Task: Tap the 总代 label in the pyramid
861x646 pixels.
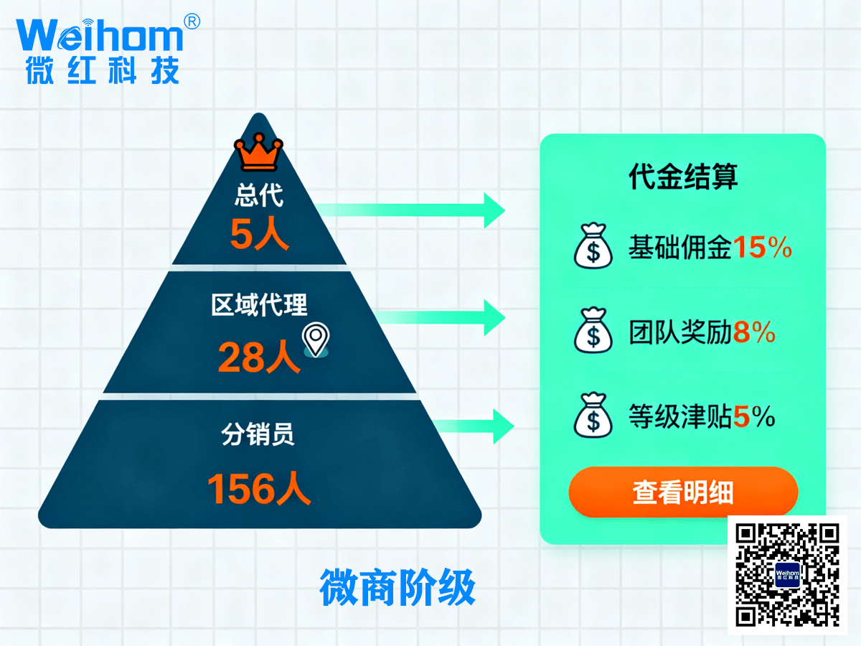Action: [259, 196]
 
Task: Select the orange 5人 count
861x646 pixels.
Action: [259, 234]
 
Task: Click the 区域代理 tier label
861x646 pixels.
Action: [259, 304]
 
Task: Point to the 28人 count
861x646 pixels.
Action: [258, 357]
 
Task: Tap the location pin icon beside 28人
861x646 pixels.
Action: [316, 339]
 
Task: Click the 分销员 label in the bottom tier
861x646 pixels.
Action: [258, 435]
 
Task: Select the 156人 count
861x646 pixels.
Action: [258, 490]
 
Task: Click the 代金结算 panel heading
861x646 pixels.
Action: [682, 176]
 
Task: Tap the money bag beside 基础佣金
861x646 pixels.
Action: [593, 247]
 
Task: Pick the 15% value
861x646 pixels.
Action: [762, 248]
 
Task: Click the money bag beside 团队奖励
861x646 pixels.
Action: [593, 332]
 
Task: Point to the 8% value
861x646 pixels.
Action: [754, 332]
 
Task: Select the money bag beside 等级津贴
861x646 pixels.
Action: [593, 416]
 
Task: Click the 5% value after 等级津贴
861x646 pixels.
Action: [754, 416]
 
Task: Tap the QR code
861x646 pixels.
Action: [787, 574]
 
